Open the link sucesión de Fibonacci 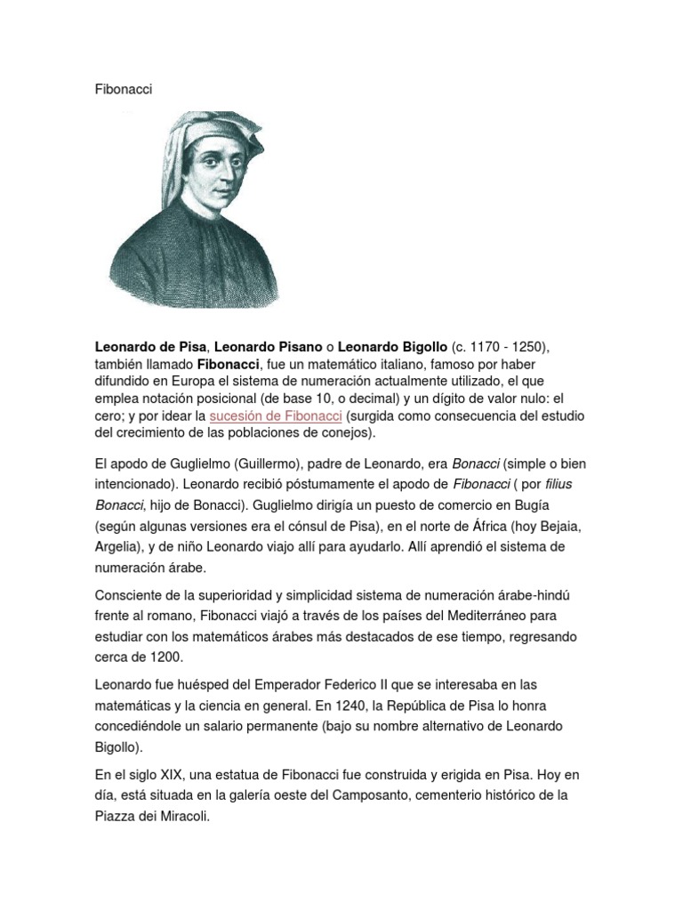point(277,415)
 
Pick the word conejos point(345,433)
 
